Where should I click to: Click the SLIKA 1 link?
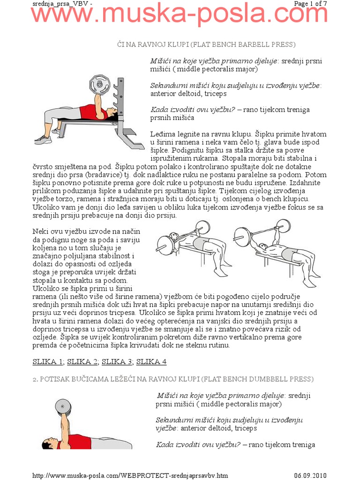click(x=48, y=361)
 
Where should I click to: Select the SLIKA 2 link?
click(x=82, y=361)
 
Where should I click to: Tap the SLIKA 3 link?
click(x=117, y=361)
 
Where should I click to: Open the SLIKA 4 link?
click(x=151, y=361)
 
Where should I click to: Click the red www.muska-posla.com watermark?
click(x=180, y=15)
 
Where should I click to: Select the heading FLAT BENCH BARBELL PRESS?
click(x=206, y=45)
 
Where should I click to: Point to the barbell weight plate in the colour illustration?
click(x=99, y=85)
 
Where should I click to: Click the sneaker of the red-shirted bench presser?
click(x=43, y=139)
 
